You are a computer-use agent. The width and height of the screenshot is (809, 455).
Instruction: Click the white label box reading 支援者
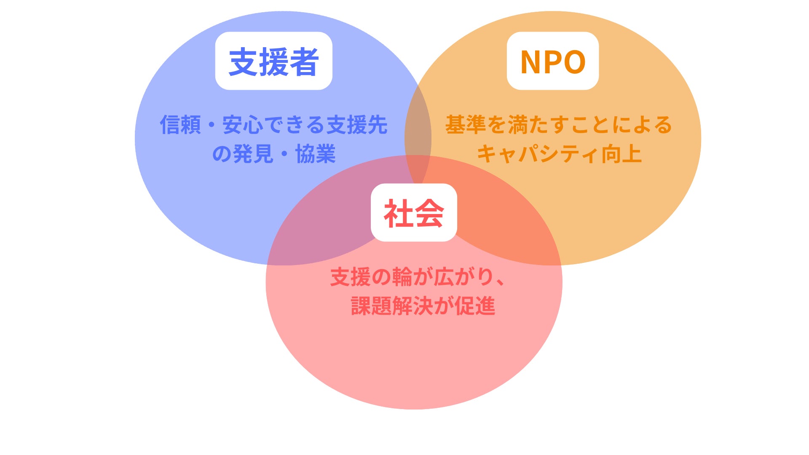pyautogui.click(x=273, y=61)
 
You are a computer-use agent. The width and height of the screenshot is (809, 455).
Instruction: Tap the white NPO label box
pyautogui.click(x=552, y=61)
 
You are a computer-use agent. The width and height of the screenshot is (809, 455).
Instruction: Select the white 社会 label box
pyautogui.click(x=414, y=212)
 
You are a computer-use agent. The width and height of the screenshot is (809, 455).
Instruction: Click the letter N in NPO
pyautogui.click(x=530, y=62)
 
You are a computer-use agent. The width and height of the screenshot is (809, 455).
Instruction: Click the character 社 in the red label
pyautogui.click(x=398, y=213)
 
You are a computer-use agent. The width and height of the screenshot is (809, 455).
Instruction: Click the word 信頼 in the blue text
pyautogui.click(x=180, y=125)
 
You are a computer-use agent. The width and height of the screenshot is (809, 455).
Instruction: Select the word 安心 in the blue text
pyautogui.click(x=243, y=125)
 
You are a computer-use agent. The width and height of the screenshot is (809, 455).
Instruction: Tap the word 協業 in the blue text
pyautogui.click(x=316, y=154)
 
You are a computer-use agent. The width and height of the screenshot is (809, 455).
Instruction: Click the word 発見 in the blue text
pyautogui.click(x=253, y=154)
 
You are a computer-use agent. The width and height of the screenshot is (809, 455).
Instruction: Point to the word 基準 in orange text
pyautogui.click(x=466, y=125)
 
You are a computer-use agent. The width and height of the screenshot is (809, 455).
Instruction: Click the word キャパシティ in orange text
pyautogui.click(x=537, y=154)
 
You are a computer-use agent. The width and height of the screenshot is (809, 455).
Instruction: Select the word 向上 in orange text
pyautogui.click(x=621, y=154)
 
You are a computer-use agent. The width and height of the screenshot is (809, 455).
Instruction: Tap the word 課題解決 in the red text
pyautogui.click(x=391, y=306)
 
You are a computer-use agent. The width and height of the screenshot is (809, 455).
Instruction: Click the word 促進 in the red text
pyautogui.click(x=475, y=306)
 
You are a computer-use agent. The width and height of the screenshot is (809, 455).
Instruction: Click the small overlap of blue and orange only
pyautogui.click(x=418, y=126)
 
